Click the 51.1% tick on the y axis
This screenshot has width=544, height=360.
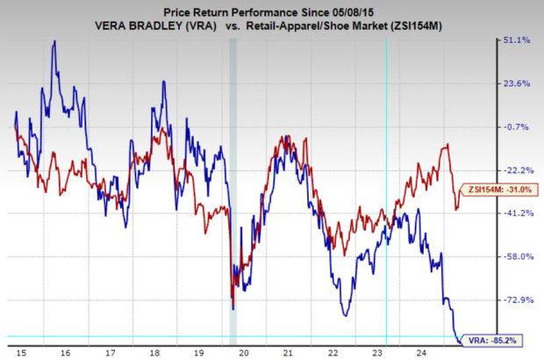click(515, 40)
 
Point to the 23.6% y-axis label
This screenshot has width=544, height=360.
click(515, 83)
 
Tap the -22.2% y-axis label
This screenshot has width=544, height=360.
click(515, 169)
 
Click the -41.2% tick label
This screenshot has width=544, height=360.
click(515, 212)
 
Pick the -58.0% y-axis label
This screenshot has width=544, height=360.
click(515, 256)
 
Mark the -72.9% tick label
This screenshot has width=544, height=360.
click(515, 299)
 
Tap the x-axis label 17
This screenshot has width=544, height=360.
click(110, 353)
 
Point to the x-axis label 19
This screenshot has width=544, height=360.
click(199, 353)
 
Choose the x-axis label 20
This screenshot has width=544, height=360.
click(244, 353)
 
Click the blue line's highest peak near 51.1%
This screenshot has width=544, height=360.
click(54, 41)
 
